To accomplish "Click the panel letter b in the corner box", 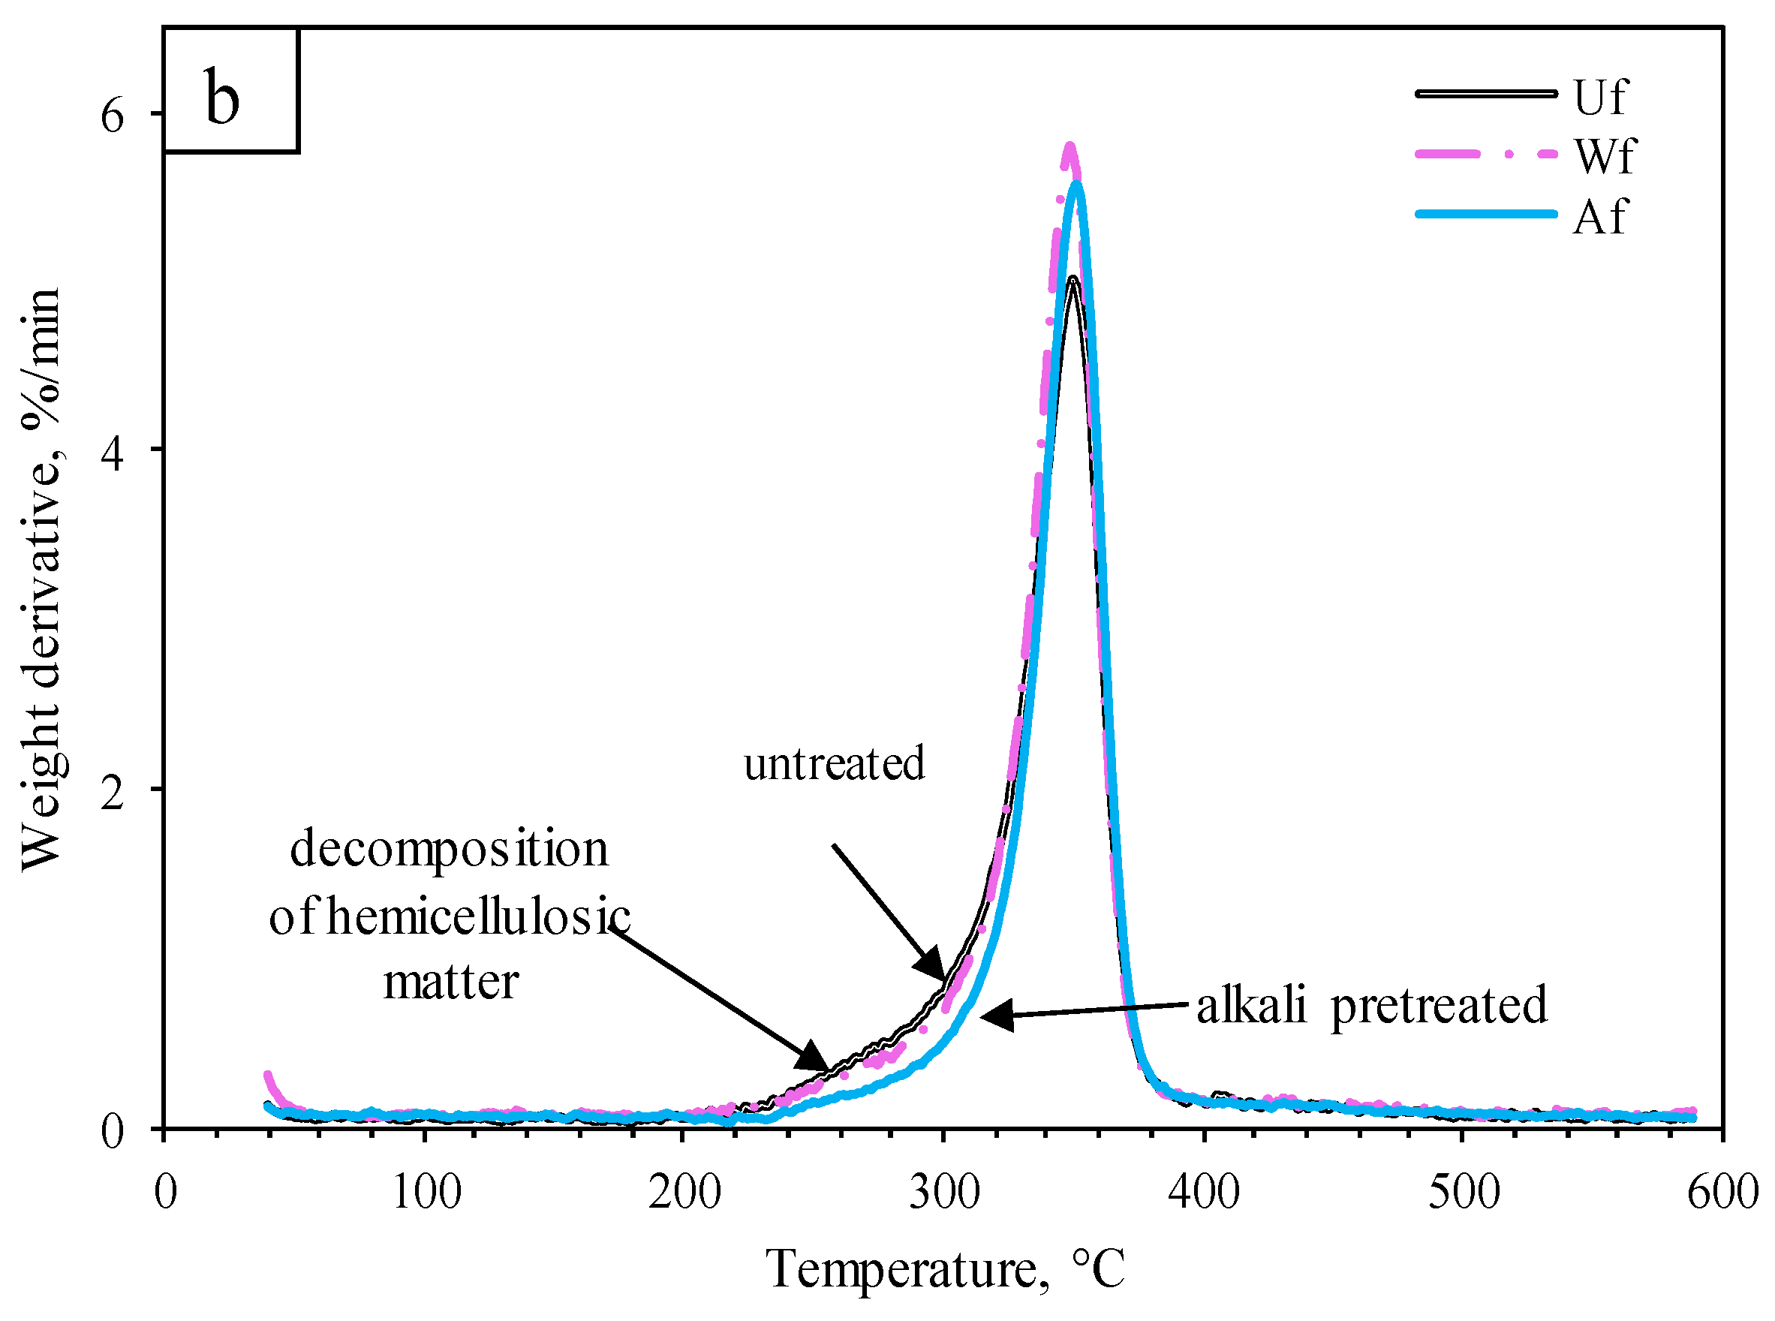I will [221, 99].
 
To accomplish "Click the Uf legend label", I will [1599, 98].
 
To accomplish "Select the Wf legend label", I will [1604, 155].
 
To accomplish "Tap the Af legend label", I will [1599, 216].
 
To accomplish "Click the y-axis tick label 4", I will [113, 456].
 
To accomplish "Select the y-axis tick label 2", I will [113, 795].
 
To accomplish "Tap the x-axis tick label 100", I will [426, 1192].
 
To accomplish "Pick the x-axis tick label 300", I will [944, 1192].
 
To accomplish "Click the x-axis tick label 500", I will [1464, 1192].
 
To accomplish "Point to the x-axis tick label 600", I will [1723, 1192].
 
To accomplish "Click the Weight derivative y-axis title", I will [41, 579].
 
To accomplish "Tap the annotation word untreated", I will [834, 763].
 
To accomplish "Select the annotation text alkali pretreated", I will [1371, 1004].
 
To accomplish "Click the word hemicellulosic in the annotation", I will [478, 916].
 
